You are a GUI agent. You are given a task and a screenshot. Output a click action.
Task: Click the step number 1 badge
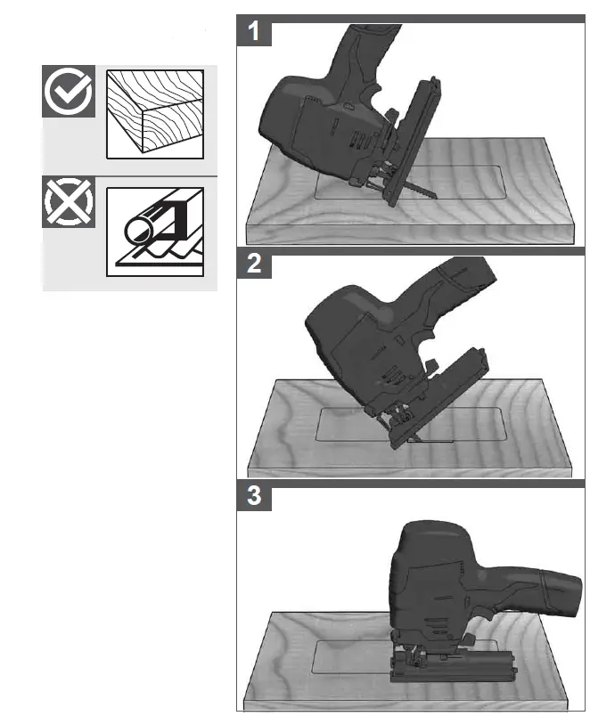pyautogui.click(x=255, y=32)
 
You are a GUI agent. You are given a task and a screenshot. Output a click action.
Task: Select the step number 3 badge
pyautogui.click(x=255, y=497)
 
